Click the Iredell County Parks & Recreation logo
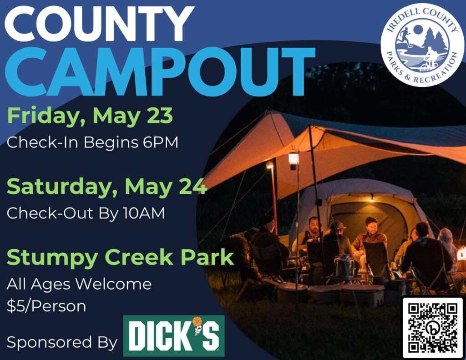422,45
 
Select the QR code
433,327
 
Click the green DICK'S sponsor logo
174,335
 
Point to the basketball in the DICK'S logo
197,321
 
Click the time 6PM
161,142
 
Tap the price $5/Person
46,306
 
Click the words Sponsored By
62,342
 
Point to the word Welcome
113,284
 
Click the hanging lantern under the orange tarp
294,161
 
